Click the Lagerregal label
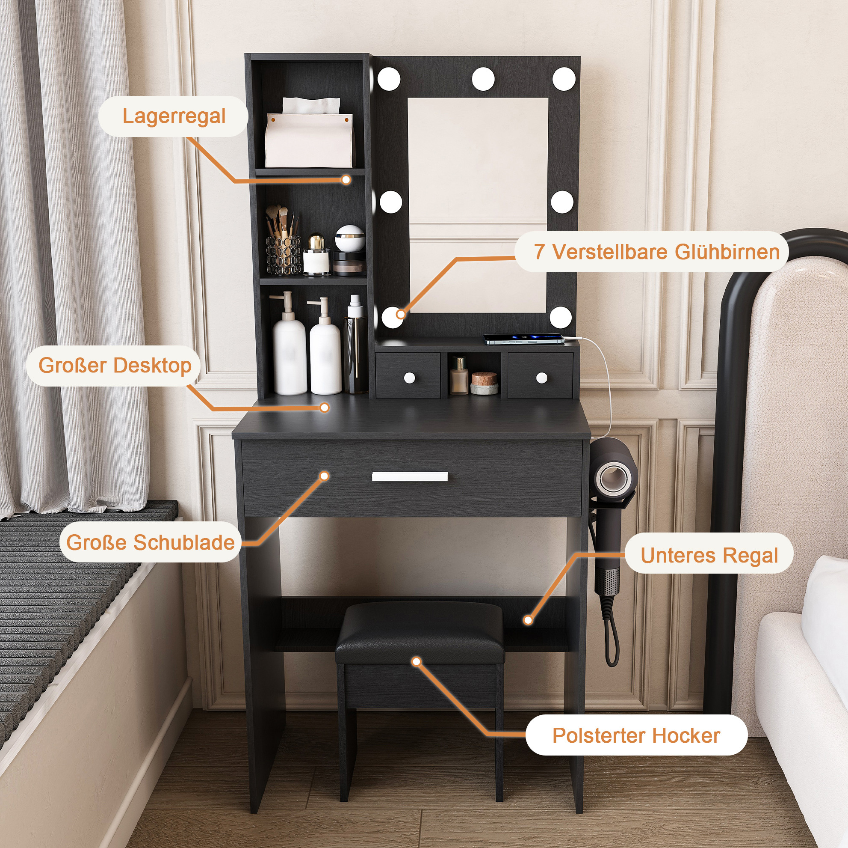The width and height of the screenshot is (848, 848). (173, 116)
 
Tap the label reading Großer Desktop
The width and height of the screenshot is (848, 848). (114, 366)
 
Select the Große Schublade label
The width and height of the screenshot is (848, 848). (150, 542)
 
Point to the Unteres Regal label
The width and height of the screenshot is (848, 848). (709, 555)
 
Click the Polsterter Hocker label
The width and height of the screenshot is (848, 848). (636, 735)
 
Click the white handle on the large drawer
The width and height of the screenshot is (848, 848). (410, 476)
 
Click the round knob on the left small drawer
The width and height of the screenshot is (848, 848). (410, 378)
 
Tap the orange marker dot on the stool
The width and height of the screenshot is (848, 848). (417, 662)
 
